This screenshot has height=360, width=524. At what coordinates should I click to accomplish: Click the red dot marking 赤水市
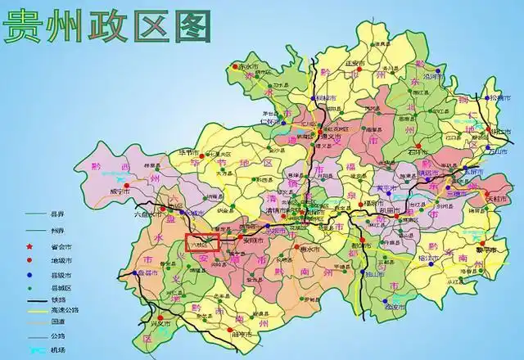click(237, 65)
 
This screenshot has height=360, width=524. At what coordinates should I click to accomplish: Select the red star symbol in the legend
click(33, 245)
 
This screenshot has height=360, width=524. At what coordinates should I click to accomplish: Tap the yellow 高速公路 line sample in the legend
click(34, 311)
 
